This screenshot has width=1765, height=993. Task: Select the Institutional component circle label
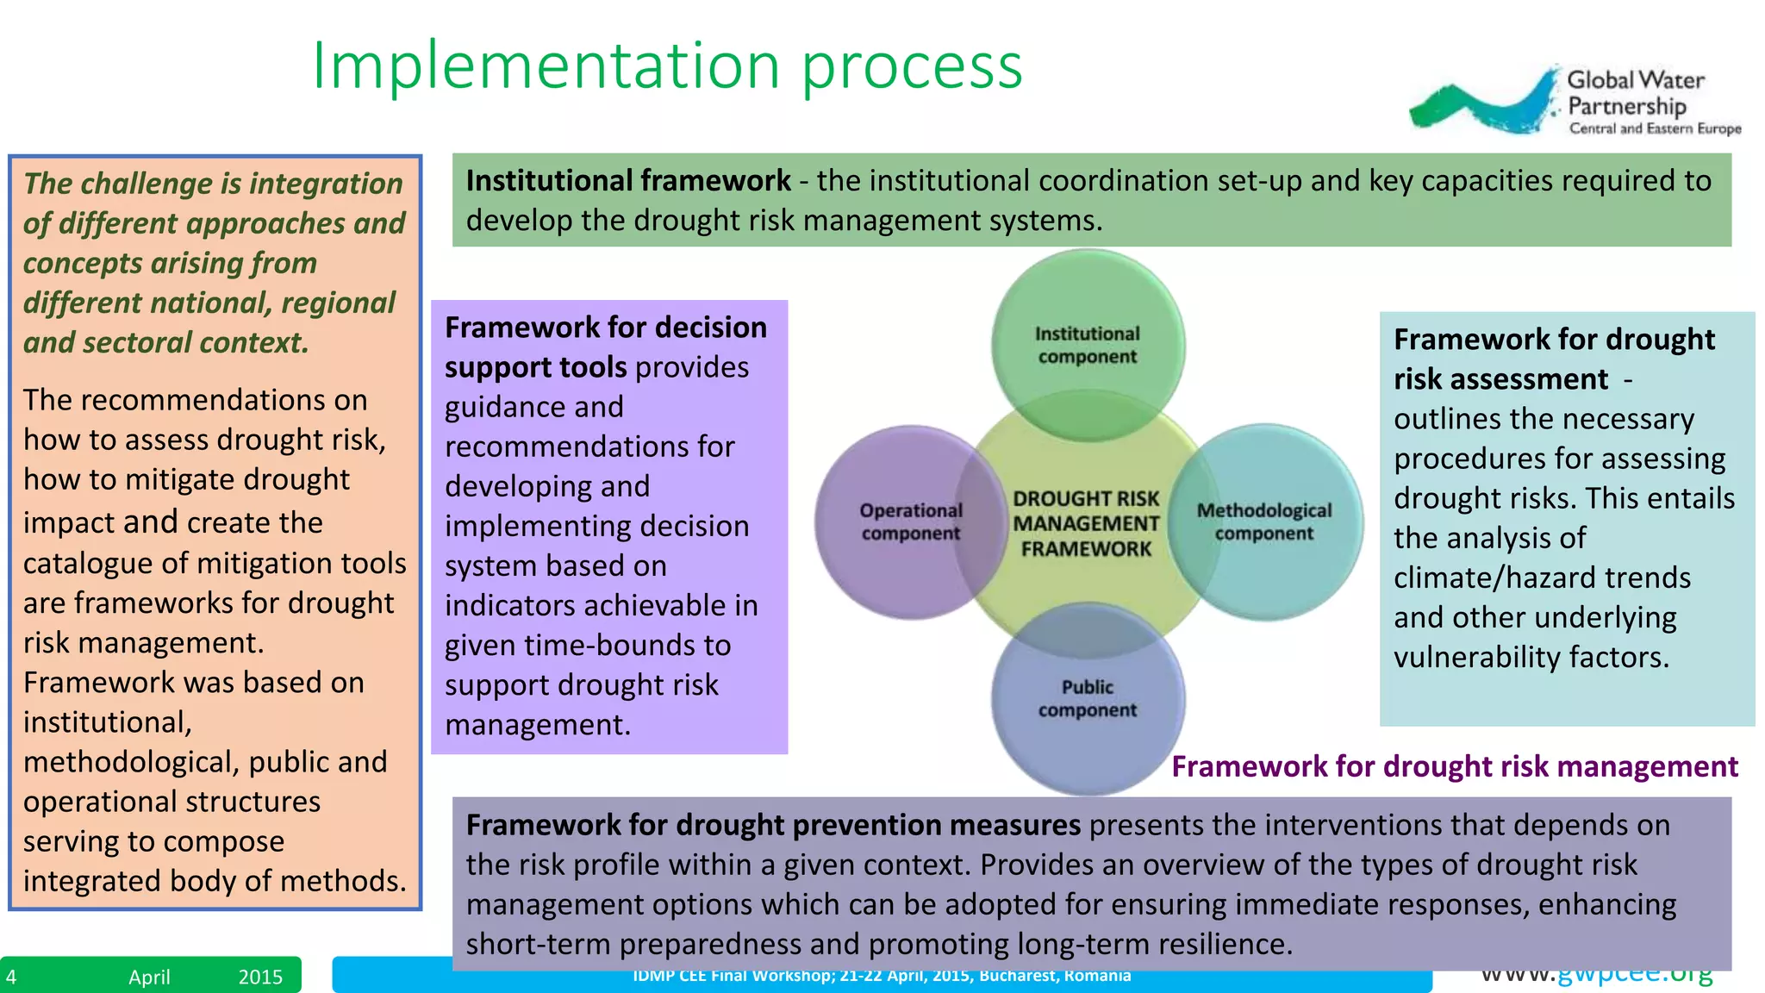(x=1087, y=345)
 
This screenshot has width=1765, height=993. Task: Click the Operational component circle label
(x=910, y=521)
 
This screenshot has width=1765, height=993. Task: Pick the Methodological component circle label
(x=1263, y=521)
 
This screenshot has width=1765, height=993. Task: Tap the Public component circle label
(x=1087, y=698)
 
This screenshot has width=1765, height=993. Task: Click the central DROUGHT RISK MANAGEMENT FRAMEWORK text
(x=1086, y=523)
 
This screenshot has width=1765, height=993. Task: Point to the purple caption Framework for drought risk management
(x=1454, y=766)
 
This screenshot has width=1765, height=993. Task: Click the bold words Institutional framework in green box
(x=627, y=181)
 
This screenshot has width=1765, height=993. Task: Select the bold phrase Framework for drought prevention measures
(x=772, y=825)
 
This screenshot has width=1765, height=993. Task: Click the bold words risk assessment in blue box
(x=1500, y=379)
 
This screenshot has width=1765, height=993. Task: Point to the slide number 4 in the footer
(x=11, y=977)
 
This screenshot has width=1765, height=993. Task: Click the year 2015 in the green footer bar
(x=260, y=977)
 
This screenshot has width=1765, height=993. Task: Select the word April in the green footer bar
(x=149, y=977)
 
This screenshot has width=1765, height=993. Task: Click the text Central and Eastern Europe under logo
(x=1655, y=128)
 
